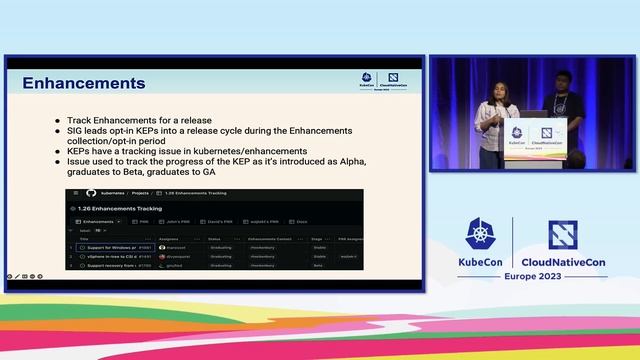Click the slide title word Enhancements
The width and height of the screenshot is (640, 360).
coord(84,83)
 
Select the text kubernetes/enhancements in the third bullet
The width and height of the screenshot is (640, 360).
coord(252,151)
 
